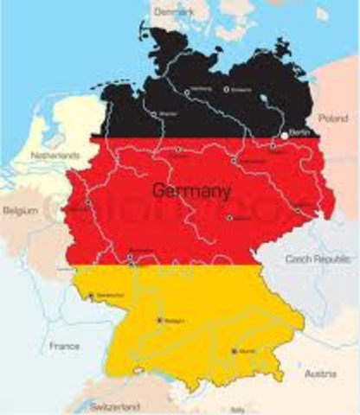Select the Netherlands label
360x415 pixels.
click(55, 155)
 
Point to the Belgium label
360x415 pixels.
click(20, 210)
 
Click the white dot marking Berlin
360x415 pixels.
click(284, 136)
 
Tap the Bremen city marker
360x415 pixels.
click(155, 113)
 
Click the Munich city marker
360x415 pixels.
click(234, 350)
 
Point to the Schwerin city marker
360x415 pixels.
click(227, 88)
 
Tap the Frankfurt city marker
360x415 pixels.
click(131, 252)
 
